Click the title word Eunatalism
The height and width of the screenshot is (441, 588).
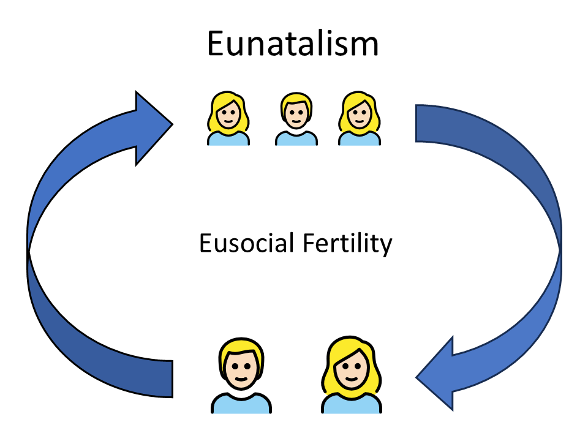(293, 44)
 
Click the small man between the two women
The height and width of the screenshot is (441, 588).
(296, 119)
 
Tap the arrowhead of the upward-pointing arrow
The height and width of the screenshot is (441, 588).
(151, 127)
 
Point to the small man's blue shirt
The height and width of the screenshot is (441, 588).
(296, 138)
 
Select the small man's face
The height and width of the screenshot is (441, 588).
(296, 115)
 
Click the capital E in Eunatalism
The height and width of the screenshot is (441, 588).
(216, 44)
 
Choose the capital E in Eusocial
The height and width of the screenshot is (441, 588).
(205, 244)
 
